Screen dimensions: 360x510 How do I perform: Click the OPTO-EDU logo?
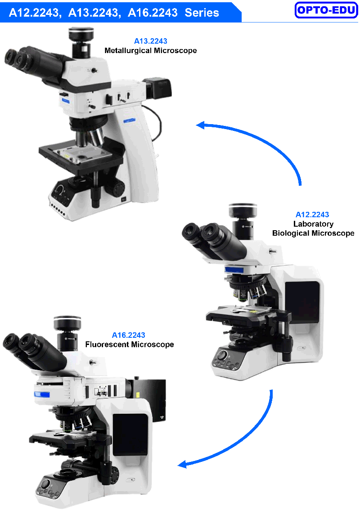point(326,10)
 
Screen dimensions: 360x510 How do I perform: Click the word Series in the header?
point(202,13)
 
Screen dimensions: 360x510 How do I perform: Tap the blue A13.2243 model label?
point(151,41)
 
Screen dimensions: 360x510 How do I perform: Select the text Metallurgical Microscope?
point(151,50)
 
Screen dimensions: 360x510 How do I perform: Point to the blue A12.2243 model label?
point(312,215)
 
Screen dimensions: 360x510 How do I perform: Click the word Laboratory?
point(314,224)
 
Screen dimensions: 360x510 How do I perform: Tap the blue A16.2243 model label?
point(129,335)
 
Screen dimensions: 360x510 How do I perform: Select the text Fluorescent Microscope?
point(130,344)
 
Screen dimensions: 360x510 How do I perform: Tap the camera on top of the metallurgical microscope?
point(81,42)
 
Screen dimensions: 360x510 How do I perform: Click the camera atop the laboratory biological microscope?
point(243,221)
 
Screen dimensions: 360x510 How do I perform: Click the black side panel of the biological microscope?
point(302,302)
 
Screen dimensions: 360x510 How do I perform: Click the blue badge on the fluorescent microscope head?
point(42,394)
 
